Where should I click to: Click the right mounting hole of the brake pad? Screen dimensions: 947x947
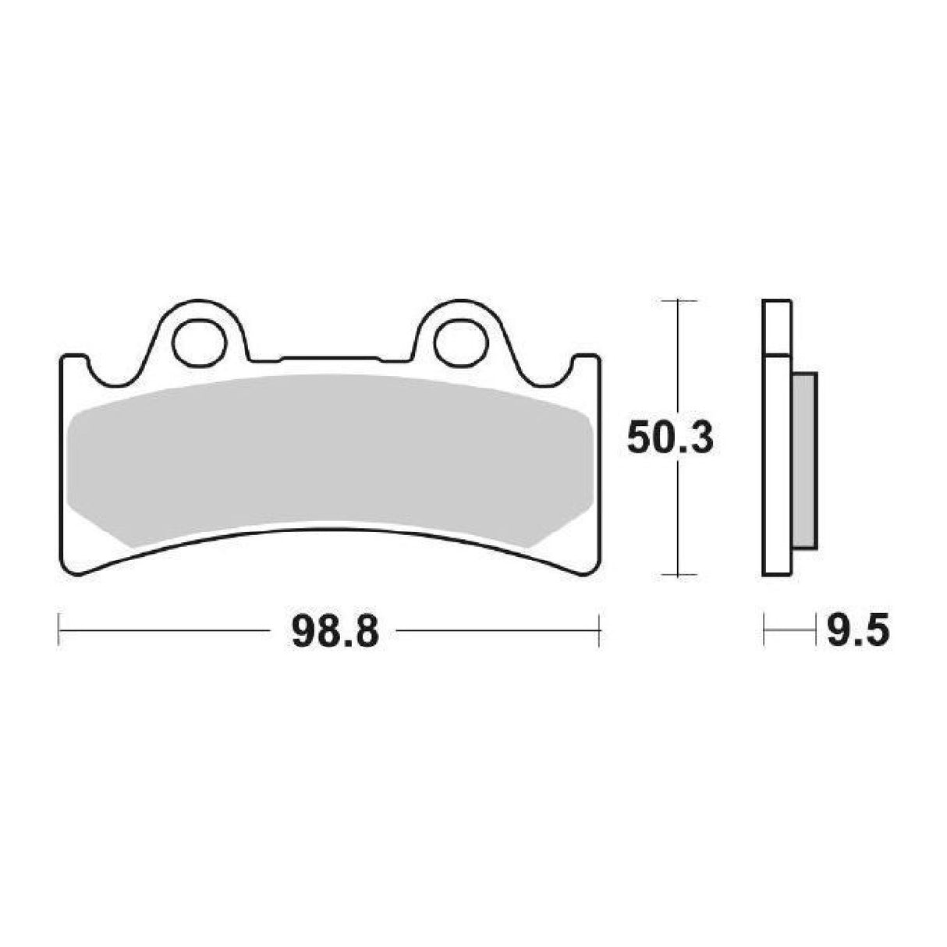click(x=456, y=342)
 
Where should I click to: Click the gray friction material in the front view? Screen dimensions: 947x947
click(x=328, y=460)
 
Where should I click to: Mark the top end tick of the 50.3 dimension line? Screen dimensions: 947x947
click(x=683, y=300)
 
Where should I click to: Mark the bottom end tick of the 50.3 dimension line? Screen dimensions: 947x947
click(x=683, y=576)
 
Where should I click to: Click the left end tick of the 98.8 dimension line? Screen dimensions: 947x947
click(x=60, y=630)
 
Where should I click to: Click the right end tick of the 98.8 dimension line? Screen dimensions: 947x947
click(x=599, y=630)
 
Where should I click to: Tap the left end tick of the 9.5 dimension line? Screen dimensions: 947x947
click(x=765, y=630)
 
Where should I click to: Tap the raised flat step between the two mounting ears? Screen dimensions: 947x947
click(x=328, y=360)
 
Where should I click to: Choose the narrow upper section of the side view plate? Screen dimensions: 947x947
click(x=778, y=328)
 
